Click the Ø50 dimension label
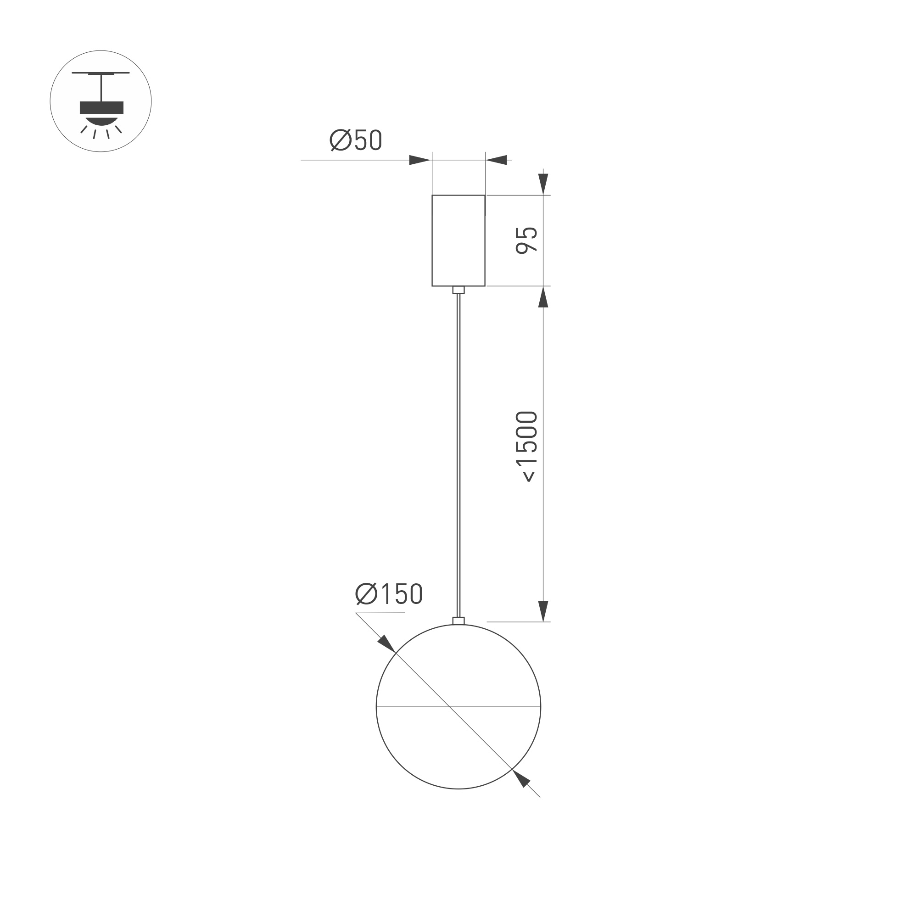356,140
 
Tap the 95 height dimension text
526,240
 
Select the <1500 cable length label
526,447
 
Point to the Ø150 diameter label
389,594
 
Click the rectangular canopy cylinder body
458,240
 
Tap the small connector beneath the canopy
458,290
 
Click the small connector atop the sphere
458,621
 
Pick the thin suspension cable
458,451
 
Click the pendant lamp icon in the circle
101,101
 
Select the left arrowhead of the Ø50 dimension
419,160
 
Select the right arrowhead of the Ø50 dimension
497,160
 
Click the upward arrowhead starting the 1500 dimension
543,298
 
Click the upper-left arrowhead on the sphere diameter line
386,644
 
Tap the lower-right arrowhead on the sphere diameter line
521,778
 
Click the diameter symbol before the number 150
366,594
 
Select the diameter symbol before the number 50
340,140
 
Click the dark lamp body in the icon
101,108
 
